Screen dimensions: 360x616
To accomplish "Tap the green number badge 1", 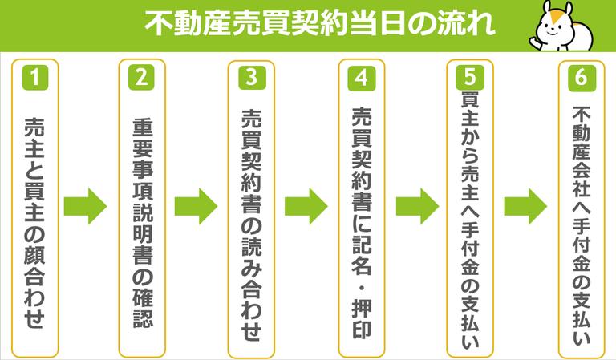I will point(35,79).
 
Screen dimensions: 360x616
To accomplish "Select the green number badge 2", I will point(141,79).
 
